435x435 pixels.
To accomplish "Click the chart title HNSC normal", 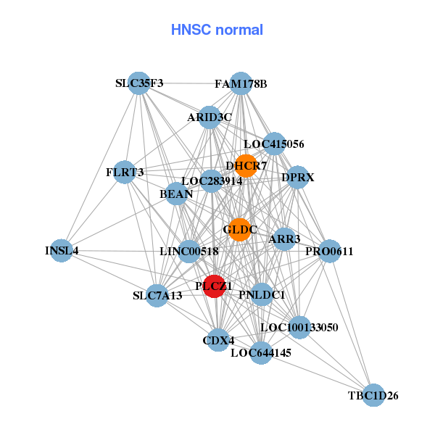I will pos(217,30).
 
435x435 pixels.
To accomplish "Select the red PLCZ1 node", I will pos(214,286).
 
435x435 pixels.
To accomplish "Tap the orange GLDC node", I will pos(240,230).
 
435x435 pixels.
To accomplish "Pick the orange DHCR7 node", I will pos(246,165).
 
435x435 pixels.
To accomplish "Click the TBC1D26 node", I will pos(373,395).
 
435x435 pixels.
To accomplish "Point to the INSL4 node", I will pos(62,251).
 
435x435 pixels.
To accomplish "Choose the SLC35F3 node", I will pos(139,83).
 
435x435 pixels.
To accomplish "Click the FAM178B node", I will pos(241,83).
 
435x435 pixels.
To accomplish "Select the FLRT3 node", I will pos(125,173).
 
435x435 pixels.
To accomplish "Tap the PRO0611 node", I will pos(329,251).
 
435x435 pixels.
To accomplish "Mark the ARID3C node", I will pos(210,117).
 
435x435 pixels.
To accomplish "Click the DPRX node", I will pos(297,177).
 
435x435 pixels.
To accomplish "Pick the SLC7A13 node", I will pos(157,296).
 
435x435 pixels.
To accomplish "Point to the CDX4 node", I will pos(218,339).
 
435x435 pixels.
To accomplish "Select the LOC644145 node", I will pos(261,353).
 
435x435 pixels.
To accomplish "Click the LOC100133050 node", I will pos(299,327).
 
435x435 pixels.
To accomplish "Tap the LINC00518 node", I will pos(189,252).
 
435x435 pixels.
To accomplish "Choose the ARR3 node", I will pos(284,239).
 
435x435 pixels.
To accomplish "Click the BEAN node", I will pos(176,194).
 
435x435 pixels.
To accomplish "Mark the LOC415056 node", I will pos(274,144).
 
